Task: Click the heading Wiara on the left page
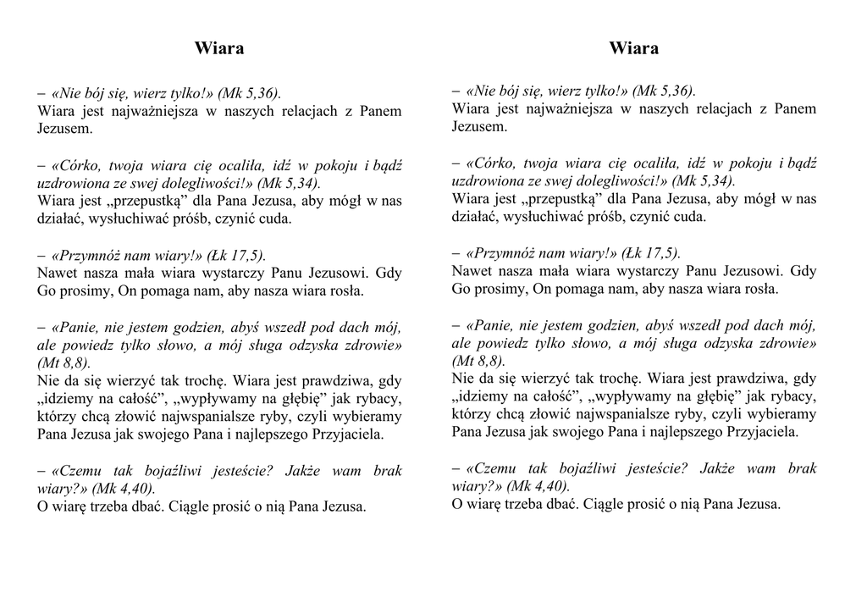point(219,48)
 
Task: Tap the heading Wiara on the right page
point(633,48)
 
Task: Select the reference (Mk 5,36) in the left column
point(249,93)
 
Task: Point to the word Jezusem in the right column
point(478,127)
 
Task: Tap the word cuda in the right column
point(689,217)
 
